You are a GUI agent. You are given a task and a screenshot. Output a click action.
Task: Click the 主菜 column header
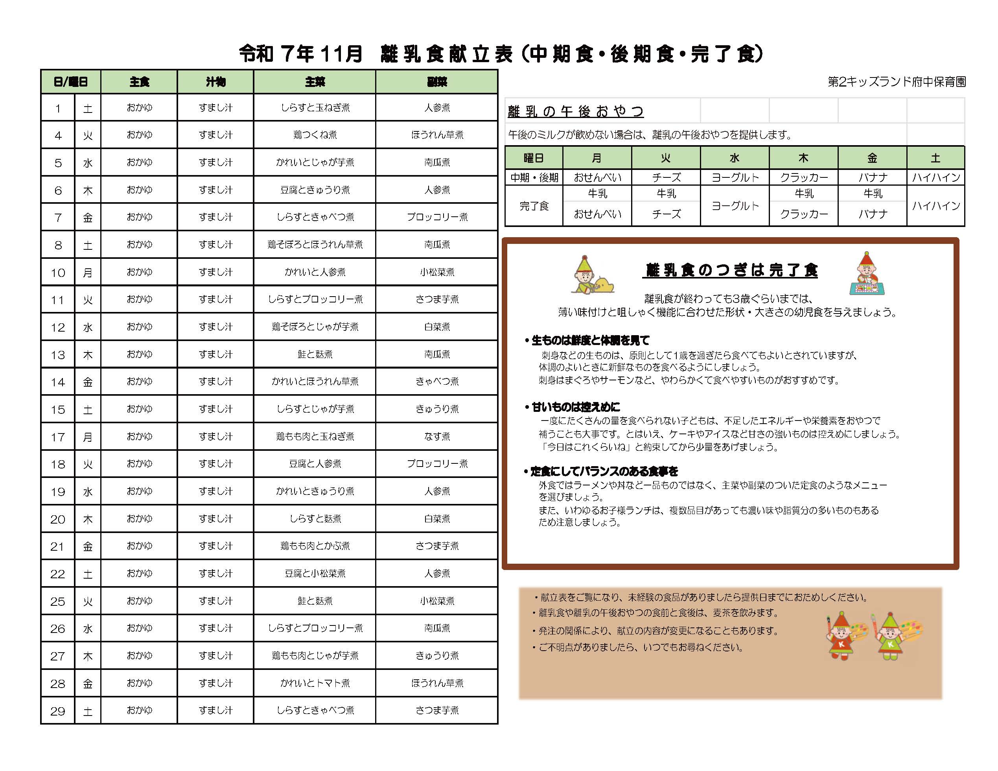point(315,82)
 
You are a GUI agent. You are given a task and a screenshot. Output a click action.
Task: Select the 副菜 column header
point(437,82)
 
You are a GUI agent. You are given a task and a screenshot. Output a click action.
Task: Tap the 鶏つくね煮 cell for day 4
point(315,135)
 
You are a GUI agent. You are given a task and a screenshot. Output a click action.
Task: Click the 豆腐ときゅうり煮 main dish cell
point(315,190)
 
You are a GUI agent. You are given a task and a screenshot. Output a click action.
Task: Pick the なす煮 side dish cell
point(437,437)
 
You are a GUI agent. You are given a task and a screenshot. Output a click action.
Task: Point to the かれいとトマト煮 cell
point(315,683)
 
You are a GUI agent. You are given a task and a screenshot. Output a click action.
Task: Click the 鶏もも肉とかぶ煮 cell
point(315,546)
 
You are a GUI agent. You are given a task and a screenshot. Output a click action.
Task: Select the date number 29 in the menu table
point(57,711)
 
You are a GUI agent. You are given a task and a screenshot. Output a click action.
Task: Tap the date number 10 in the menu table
point(57,273)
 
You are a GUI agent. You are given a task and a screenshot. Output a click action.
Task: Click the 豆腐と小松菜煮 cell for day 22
point(315,573)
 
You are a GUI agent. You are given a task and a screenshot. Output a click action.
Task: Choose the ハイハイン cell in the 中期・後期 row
point(936,177)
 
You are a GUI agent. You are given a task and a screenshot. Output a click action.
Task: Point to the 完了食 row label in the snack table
point(534,206)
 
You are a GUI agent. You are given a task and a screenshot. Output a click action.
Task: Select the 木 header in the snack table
point(803,158)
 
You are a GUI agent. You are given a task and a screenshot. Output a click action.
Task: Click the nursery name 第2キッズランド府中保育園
point(897,82)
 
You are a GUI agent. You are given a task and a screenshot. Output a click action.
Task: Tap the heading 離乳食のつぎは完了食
point(730,270)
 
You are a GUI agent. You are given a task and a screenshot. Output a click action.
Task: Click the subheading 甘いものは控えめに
point(575,407)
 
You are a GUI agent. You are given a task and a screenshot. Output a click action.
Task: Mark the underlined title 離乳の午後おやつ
point(576,111)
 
